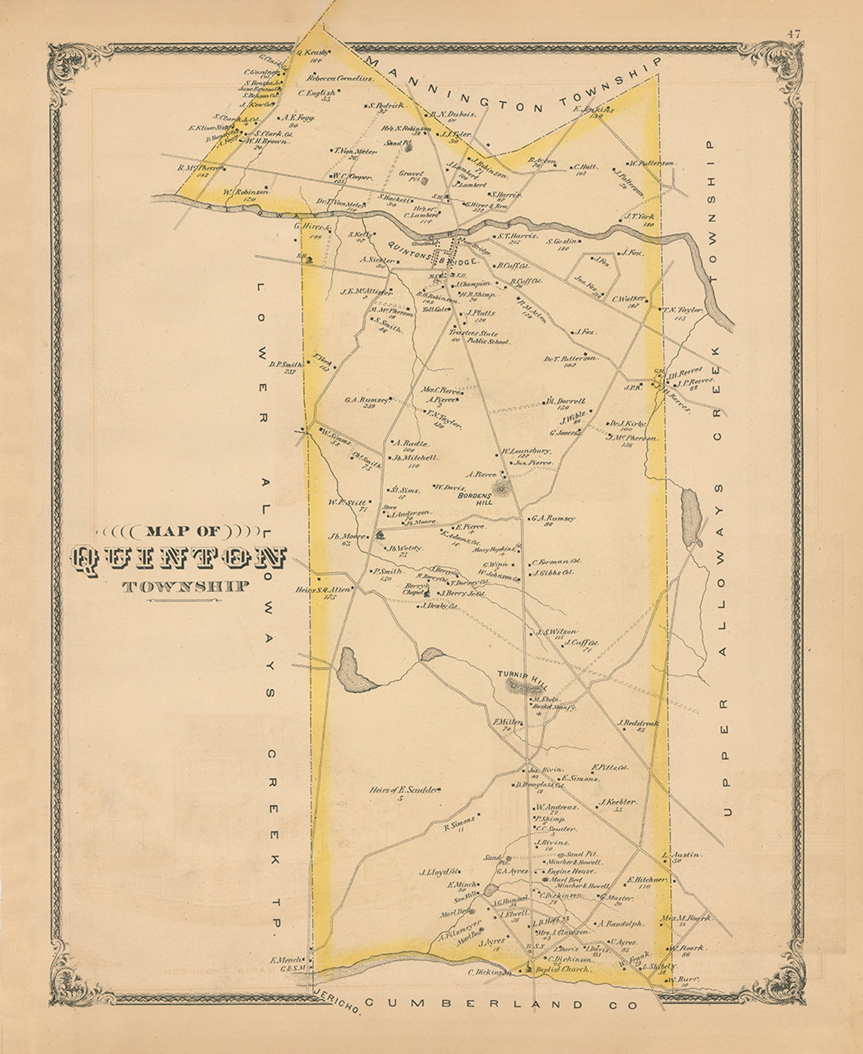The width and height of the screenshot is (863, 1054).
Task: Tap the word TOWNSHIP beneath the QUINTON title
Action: coord(186,587)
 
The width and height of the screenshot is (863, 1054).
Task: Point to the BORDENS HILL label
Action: coord(476,499)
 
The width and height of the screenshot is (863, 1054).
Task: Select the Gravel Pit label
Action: coord(410,177)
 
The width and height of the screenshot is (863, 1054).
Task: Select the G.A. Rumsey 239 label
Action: coord(367,400)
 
